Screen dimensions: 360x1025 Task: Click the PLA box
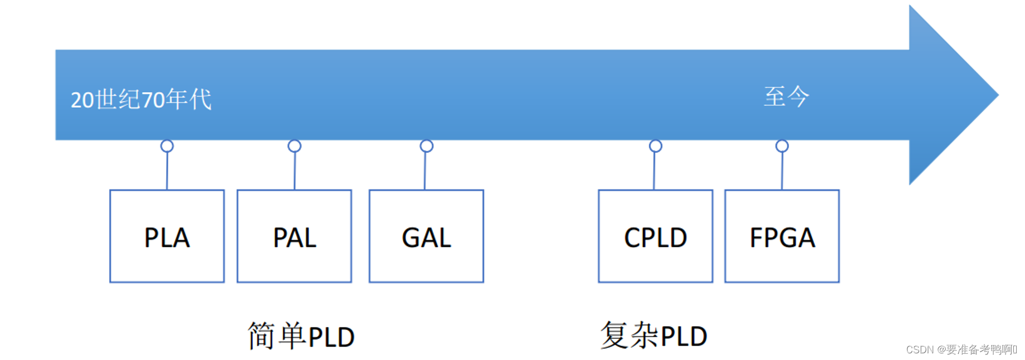coord(167,236)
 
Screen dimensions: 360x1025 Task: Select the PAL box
coord(294,236)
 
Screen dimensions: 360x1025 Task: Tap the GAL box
coord(426,236)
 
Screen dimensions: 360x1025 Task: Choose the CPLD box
coord(655,236)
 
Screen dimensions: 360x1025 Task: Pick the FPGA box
coord(782,236)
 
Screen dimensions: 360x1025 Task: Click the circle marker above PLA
coord(167,146)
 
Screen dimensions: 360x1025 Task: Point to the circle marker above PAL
coord(294,146)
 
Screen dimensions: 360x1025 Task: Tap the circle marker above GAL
coord(426,146)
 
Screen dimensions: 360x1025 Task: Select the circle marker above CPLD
coord(656,146)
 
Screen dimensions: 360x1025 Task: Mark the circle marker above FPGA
coord(782,146)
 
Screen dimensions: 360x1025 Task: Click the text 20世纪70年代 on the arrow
coord(141,100)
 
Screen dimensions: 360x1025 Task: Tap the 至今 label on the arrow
coord(786,97)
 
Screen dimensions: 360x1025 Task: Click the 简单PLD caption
coord(301,336)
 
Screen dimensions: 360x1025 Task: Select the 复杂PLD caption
coord(653,336)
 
